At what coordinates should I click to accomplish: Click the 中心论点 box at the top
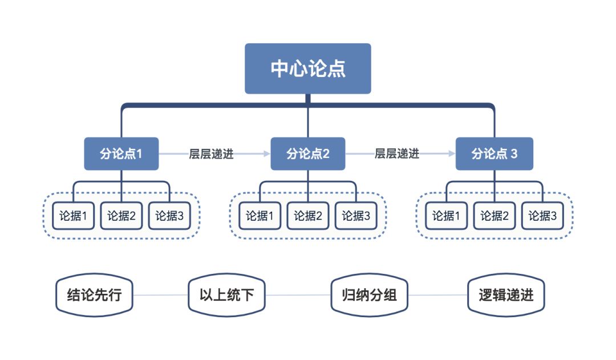coord(308,68)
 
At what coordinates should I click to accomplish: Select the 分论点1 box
coord(121,153)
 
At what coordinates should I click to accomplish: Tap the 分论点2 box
coord(308,153)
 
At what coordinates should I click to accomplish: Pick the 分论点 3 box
coord(494,153)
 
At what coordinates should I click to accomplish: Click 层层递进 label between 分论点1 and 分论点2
coord(211,154)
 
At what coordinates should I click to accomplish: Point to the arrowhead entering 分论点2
coord(266,154)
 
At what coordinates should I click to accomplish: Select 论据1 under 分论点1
coord(73,216)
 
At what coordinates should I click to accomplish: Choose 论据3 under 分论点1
coord(169,216)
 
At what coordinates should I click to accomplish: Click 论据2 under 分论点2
coord(308,216)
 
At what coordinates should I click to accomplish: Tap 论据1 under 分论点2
coord(260,216)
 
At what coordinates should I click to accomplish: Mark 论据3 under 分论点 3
coord(542,216)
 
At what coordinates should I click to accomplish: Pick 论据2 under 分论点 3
coord(494,216)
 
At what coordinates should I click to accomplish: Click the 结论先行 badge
coord(94,295)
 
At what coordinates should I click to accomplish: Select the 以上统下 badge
coord(226,295)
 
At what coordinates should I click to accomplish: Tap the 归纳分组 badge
coord(369,295)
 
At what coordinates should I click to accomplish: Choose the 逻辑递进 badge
coord(506,295)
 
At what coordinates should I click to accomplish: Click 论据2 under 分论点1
coord(121,216)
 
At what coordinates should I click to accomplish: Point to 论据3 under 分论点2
coord(356,216)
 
